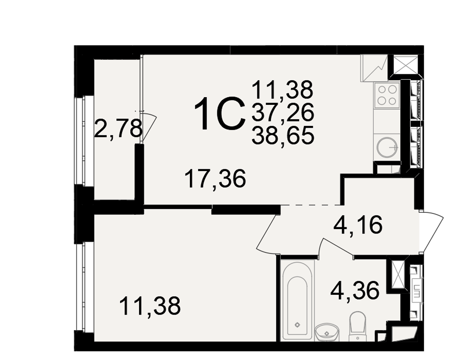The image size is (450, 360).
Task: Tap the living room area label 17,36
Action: (215, 179)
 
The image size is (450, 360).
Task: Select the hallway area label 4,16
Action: (358, 225)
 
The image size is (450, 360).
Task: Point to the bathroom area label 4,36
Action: (355, 290)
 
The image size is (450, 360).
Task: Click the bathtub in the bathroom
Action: (297, 300)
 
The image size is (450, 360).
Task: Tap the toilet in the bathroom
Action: (357, 326)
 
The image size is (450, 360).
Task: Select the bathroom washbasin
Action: (327, 332)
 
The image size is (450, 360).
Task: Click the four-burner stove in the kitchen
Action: (387, 95)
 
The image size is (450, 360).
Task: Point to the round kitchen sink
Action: (387, 148)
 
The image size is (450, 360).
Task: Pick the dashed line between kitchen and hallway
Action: (310, 205)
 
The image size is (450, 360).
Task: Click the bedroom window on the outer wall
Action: (80, 287)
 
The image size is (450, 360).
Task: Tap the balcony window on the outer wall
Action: (80, 141)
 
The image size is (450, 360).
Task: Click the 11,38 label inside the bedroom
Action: (149, 306)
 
